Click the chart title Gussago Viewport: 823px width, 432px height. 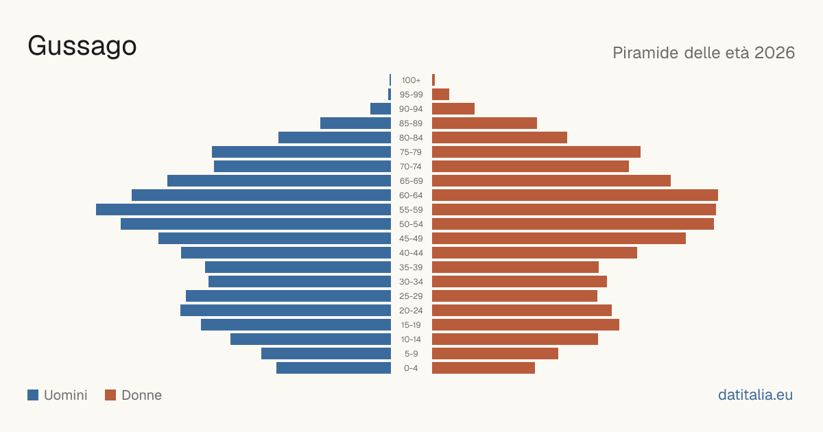pyautogui.click(x=82, y=47)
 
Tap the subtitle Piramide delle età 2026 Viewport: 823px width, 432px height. pyautogui.click(x=704, y=53)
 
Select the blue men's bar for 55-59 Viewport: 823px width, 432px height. pyautogui.click(x=243, y=209)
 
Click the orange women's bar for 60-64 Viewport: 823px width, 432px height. pyautogui.click(x=575, y=195)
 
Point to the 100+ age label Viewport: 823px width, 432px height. pyautogui.click(x=411, y=80)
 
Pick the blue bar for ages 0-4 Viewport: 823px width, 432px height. pyautogui.click(x=333, y=368)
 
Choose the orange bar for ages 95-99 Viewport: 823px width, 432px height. pyautogui.click(x=440, y=95)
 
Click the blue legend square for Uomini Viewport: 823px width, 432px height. pyautogui.click(x=33, y=395)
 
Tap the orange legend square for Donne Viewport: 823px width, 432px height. pyautogui.click(x=110, y=395)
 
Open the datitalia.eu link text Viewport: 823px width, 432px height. pyautogui.click(x=755, y=395)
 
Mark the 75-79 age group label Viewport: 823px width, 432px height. pyautogui.click(x=411, y=152)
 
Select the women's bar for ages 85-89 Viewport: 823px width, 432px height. pyautogui.click(x=484, y=123)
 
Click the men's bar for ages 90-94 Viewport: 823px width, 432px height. pyautogui.click(x=381, y=109)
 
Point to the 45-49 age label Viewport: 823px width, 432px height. pyautogui.click(x=411, y=239)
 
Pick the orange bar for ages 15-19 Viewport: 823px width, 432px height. pyautogui.click(x=525, y=325)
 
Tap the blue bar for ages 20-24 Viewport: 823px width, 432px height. pyautogui.click(x=285, y=311)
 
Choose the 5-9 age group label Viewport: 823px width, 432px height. pyautogui.click(x=411, y=354)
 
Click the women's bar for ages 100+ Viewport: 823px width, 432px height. pyautogui.click(x=433, y=80)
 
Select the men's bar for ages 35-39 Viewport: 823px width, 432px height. pyautogui.click(x=298, y=267)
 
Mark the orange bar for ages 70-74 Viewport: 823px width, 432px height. pyautogui.click(x=530, y=167)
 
